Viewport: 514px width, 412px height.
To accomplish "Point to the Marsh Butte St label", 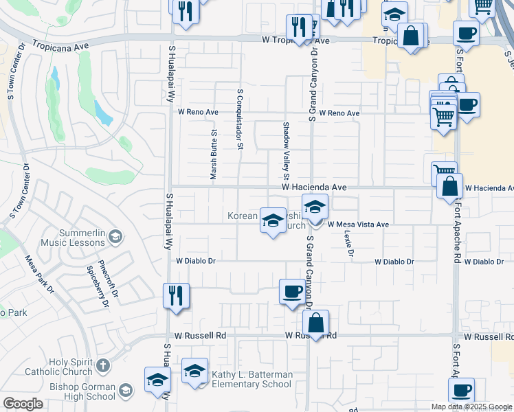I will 214,154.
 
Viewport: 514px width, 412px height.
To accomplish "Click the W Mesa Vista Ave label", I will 358,225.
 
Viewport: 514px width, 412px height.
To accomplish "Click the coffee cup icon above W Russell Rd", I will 292,291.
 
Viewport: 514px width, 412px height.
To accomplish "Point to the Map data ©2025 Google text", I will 471,407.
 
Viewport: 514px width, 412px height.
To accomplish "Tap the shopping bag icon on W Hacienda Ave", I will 449,187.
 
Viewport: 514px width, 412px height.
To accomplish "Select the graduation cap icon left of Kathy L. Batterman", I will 194,371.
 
